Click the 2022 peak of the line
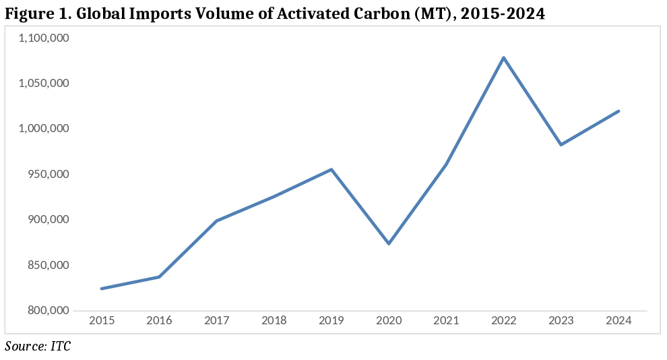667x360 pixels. [x=503, y=57]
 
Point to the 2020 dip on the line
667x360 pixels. [x=389, y=243]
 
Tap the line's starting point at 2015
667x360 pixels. [x=102, y=289]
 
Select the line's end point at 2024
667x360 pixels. [x=618, y=111]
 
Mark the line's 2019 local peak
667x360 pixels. [x=331, y=169]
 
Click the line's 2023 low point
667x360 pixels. [x=561, y=144]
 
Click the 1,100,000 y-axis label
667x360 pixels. [x=46, y=38]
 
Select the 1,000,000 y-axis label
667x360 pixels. [x=46, y=129]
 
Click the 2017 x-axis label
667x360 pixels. [x=216, y=321]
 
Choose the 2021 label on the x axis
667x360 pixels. [x=446, y=321]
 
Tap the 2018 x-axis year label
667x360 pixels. [x=274, y=321]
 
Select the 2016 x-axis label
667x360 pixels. [x=159, y=321]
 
